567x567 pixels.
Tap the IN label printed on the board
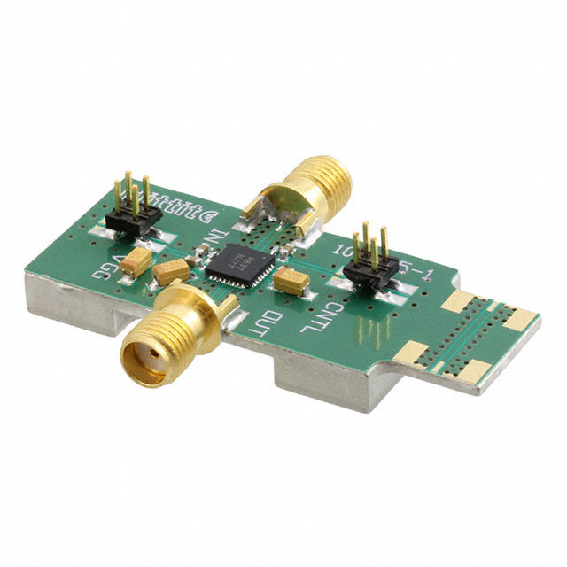click(213, 238)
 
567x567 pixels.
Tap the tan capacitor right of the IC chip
click(291, 282)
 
